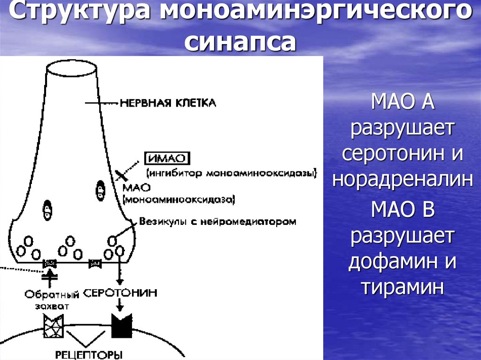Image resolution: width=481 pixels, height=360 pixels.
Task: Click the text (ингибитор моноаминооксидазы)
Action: coord(232,173)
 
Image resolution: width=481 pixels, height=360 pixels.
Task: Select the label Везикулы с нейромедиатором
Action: coord(217,222)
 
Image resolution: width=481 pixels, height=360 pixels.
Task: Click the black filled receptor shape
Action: coord(121,324)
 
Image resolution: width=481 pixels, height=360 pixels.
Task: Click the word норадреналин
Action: coord(402,179)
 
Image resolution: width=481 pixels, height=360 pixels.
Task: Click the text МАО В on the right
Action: coord(403,210)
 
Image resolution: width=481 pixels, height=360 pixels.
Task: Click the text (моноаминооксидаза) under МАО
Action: coord(178,200)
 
